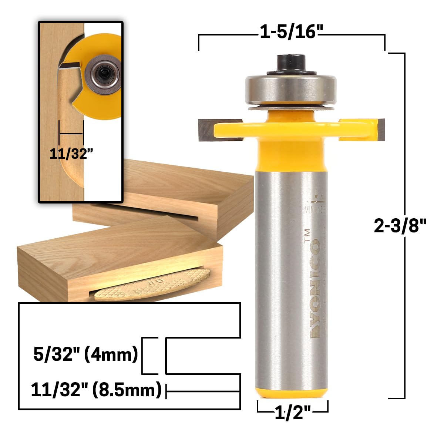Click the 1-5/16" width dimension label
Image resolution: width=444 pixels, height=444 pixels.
(289, 33)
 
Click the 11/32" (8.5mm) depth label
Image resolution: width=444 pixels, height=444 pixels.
(96, 390)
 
